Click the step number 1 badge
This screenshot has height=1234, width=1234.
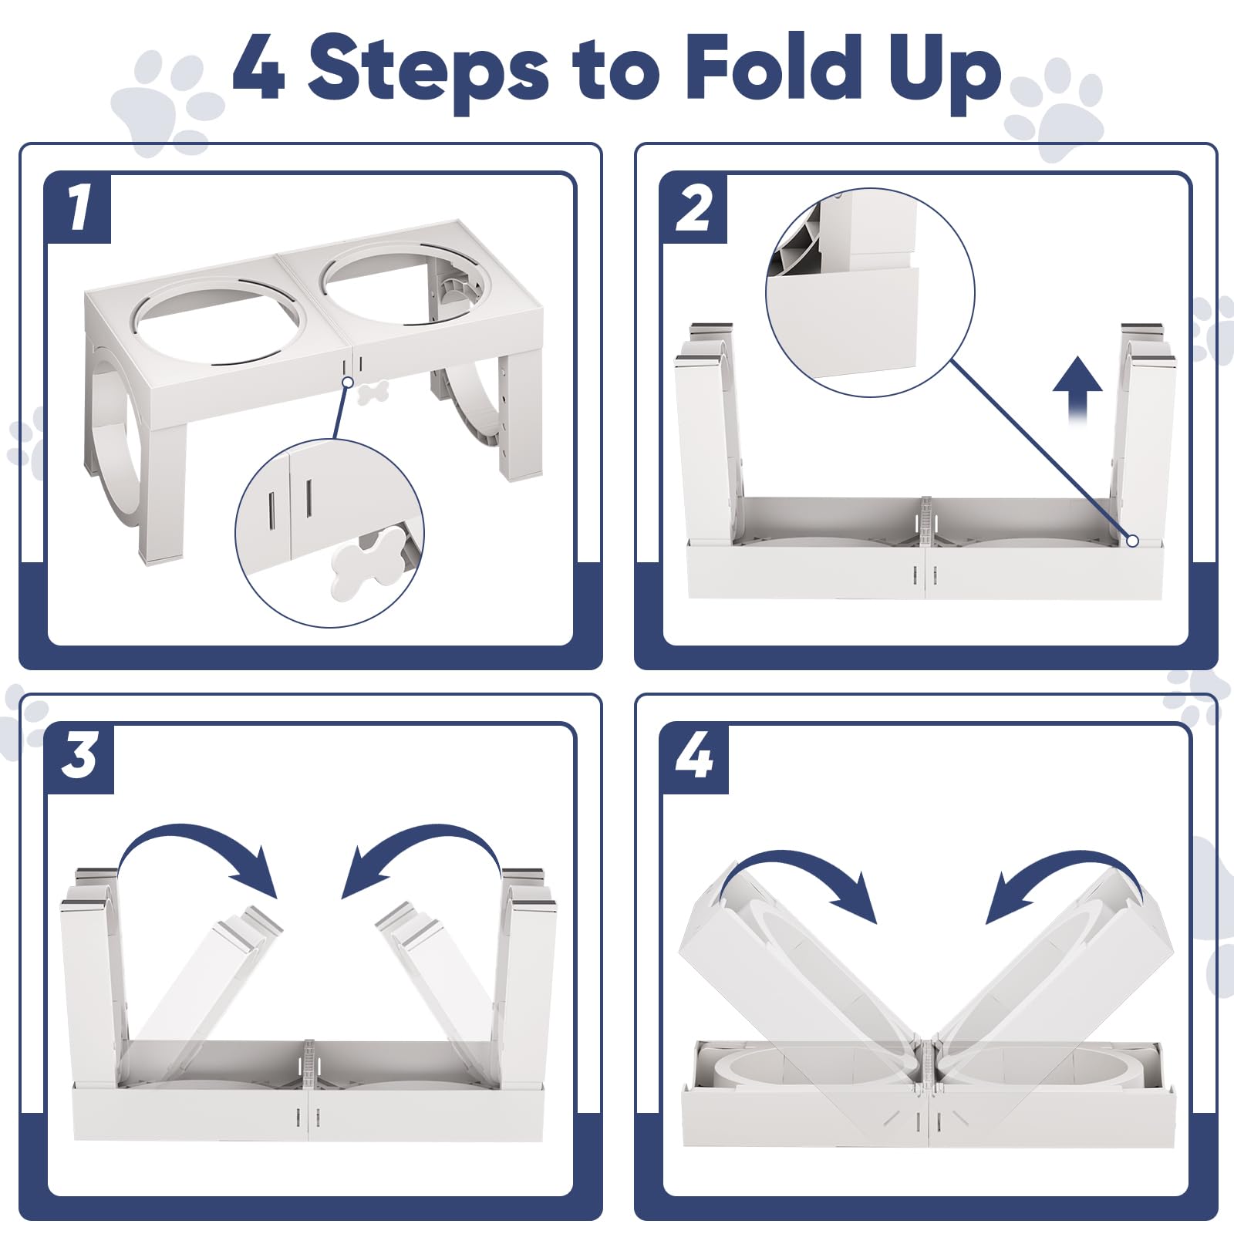coord(78,208)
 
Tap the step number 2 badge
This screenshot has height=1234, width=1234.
coord(694,208)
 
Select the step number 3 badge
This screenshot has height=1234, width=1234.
coord(79,758)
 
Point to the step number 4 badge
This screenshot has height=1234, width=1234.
coord(694,758)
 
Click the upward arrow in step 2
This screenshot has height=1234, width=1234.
coord(1078,389)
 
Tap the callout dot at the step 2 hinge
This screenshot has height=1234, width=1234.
coord(1132,541)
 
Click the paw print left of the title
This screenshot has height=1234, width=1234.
coord(166,100)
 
